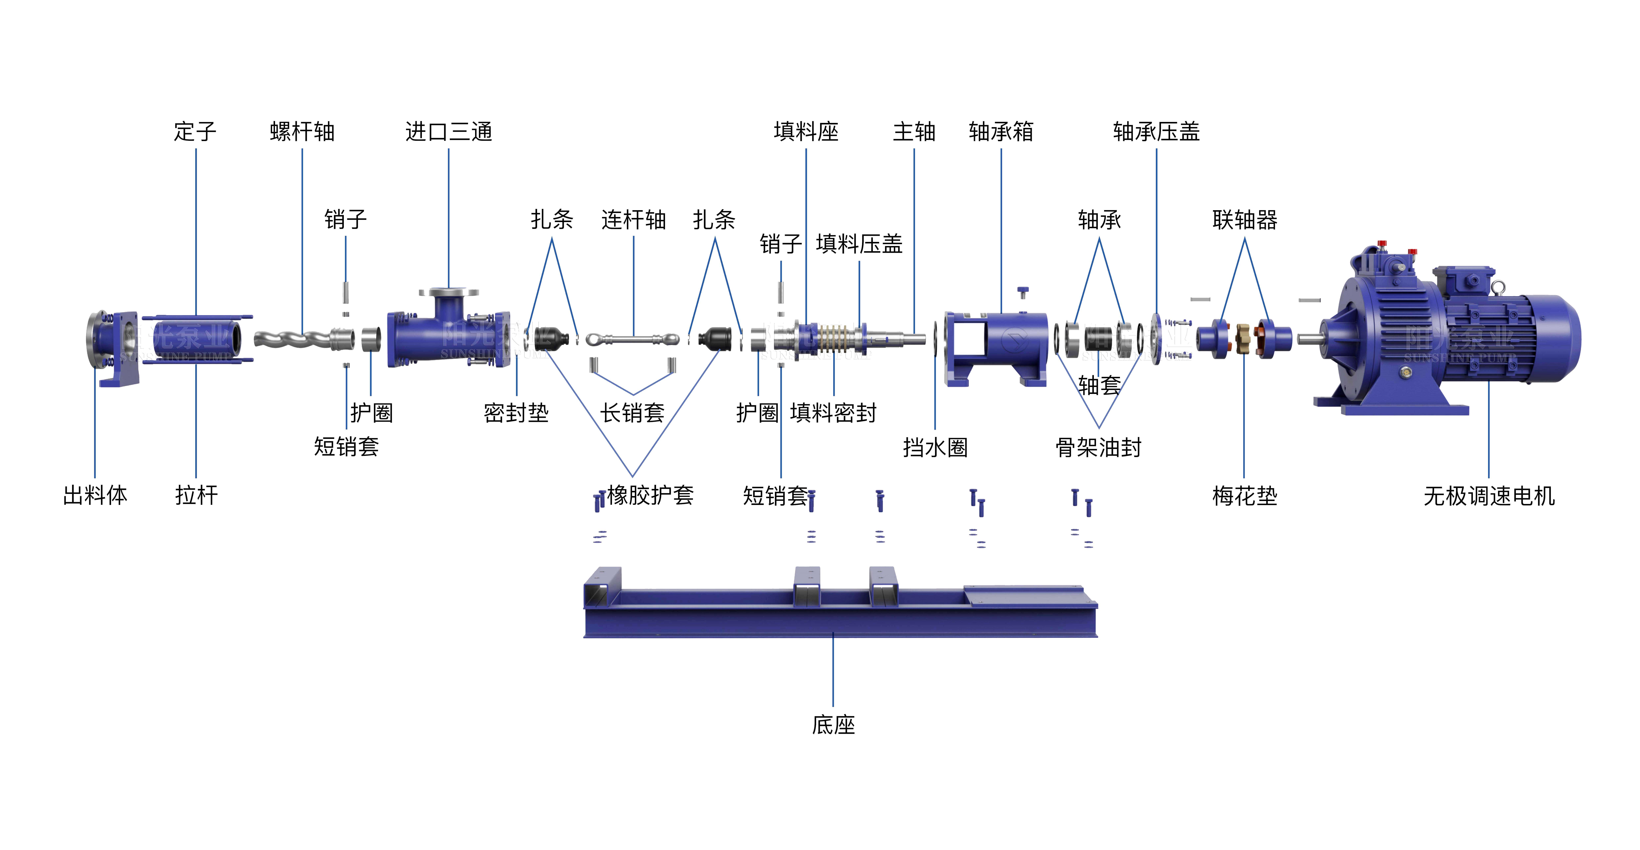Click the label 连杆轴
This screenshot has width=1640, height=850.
pos(633,219)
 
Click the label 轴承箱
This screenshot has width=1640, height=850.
pos(1001,132)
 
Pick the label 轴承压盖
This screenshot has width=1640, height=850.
pos(1156,132)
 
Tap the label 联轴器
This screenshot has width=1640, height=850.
pos(1245,219)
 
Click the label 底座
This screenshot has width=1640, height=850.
pos(833,725)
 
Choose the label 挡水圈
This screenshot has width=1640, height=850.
pos(935,447)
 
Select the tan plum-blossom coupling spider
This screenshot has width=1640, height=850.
pos(1242,338)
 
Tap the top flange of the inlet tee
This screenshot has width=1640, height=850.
pos(449,293)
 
